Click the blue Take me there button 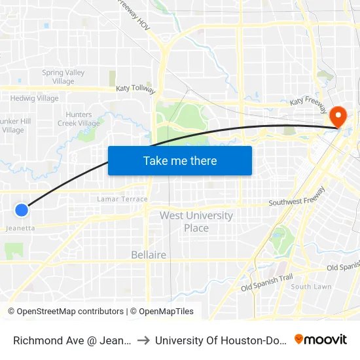[x=180, y=160]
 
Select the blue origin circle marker [x=22, y=209]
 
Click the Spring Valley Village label [x=62, y=77]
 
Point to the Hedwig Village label [x=34, y=99]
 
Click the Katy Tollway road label [x=135, y=88]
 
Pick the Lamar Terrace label [x=122, y=199]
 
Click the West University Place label [x=196, y=222]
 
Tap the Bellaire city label [x=149, y=255]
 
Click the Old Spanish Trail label [x=267, y=283]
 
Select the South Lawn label [x=311, y=287]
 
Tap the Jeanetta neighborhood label [x=20, y=228]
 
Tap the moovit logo [x=321, y=339]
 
